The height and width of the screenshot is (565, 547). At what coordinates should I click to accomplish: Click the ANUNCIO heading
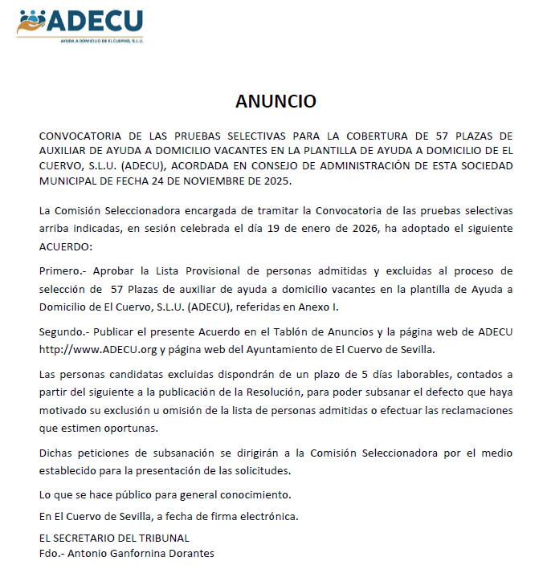pos(276,101)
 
